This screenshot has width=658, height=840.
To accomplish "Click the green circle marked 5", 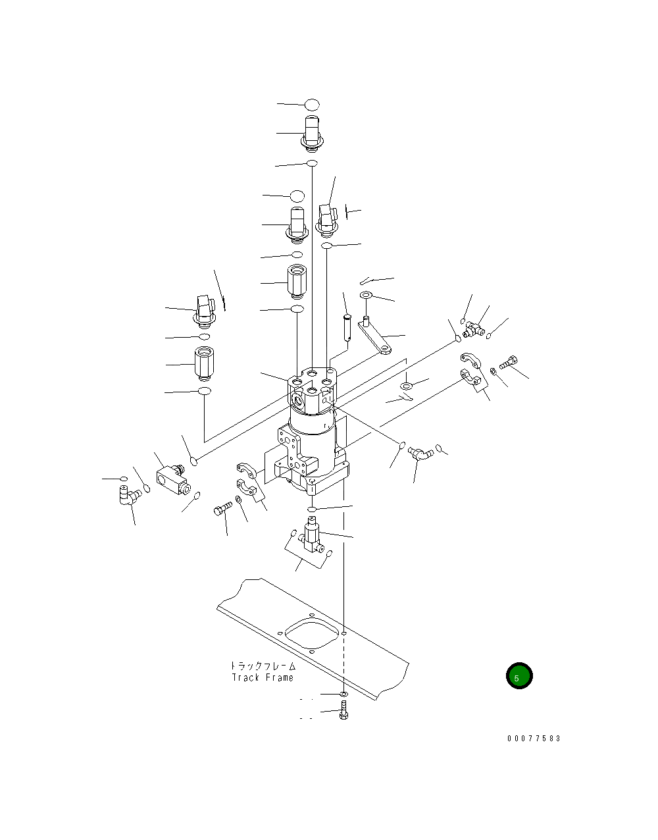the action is [519, 675].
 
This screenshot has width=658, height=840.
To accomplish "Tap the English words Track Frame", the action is [263, 677].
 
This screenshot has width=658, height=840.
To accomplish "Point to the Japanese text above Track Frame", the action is [263, 666].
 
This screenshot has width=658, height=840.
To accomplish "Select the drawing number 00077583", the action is [534, 739].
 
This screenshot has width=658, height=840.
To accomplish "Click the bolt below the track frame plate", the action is [343, 710].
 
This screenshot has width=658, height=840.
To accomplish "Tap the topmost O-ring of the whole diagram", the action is [312, 105].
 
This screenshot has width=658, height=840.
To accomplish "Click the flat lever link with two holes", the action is [374, 338].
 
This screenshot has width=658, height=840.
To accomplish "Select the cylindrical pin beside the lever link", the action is [347, 328].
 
